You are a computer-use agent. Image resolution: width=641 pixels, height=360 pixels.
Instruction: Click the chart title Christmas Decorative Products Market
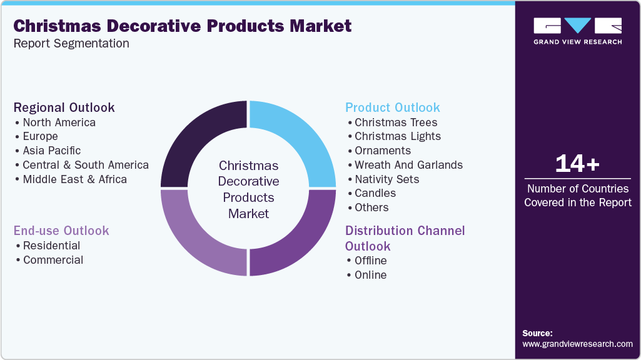point(183,26)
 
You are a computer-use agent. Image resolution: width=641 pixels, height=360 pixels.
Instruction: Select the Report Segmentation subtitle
point(71,44)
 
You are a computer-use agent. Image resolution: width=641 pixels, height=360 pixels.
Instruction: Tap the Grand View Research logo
point(577,31)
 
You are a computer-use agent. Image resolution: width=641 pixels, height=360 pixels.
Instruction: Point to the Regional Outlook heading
point(64,107)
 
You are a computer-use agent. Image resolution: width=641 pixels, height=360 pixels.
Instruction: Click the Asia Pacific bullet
point(52,151)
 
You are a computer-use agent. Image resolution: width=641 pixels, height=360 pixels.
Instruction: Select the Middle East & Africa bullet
point(74,179)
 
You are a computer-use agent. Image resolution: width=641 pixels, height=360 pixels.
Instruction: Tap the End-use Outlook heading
point(61,231)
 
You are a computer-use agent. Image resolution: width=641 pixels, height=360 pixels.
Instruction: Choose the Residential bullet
point(51,246)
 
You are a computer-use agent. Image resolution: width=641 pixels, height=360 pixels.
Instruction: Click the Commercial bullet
point(53,260)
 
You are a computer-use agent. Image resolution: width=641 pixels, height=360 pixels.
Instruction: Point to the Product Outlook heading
point(393,107)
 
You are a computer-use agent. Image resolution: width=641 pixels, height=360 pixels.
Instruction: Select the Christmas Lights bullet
point(398,136)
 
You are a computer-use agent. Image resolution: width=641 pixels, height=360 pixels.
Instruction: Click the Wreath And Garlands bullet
point(408,165)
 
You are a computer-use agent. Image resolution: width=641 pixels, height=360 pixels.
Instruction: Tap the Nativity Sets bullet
point(386,179)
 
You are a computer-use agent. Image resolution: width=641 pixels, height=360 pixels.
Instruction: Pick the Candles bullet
point(375,193)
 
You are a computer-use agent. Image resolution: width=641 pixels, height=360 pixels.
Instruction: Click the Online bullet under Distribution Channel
point(370,275)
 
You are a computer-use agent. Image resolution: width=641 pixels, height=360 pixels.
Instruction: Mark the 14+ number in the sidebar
point(577,164)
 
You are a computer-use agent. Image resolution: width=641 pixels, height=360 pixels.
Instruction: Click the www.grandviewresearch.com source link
point(577,344)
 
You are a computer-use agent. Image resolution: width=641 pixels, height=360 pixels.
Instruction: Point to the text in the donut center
point(248,189)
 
